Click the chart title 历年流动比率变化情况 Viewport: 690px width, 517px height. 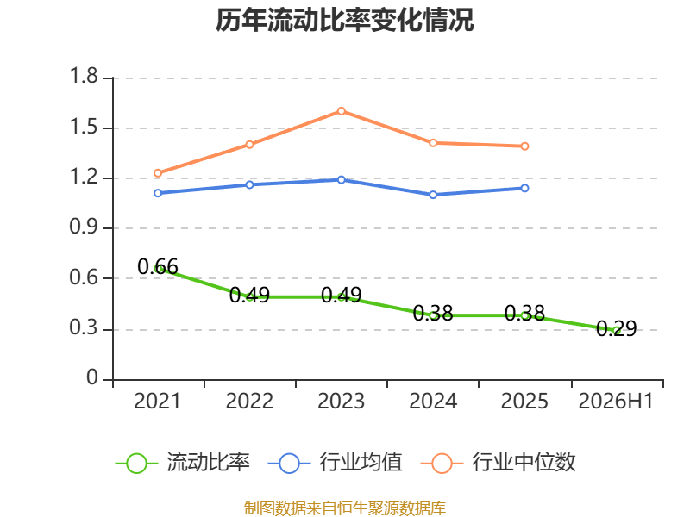click(344, 20)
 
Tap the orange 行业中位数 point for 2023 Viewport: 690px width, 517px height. click(341, 111)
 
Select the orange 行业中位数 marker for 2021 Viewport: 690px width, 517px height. click(158, 173)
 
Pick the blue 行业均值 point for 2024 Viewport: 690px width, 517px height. click(433, 195)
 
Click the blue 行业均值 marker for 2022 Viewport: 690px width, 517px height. click(249, 184)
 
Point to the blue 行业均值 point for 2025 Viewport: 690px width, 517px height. click(524, 188)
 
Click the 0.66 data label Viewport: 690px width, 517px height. click(158, 266)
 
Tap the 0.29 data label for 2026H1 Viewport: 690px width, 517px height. click(616, 328)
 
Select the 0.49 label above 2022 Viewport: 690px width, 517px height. click(249, 295)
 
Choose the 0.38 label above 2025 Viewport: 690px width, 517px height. click(524, 314)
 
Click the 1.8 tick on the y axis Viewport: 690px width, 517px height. click(84, 76)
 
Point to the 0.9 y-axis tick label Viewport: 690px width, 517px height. click(84, 227)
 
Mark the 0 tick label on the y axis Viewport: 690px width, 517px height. click(92, 377)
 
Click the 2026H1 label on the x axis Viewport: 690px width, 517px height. click(616, 401)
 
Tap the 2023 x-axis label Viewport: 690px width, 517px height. click(341, 401)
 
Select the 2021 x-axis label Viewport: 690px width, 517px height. click(158, 401)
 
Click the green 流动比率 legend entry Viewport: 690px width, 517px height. click(183, 463)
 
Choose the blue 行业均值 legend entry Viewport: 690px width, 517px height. click(336, 463)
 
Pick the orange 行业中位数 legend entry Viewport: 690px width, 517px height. click(499, 463)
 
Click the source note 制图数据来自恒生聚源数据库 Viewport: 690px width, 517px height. click(344, 508)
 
